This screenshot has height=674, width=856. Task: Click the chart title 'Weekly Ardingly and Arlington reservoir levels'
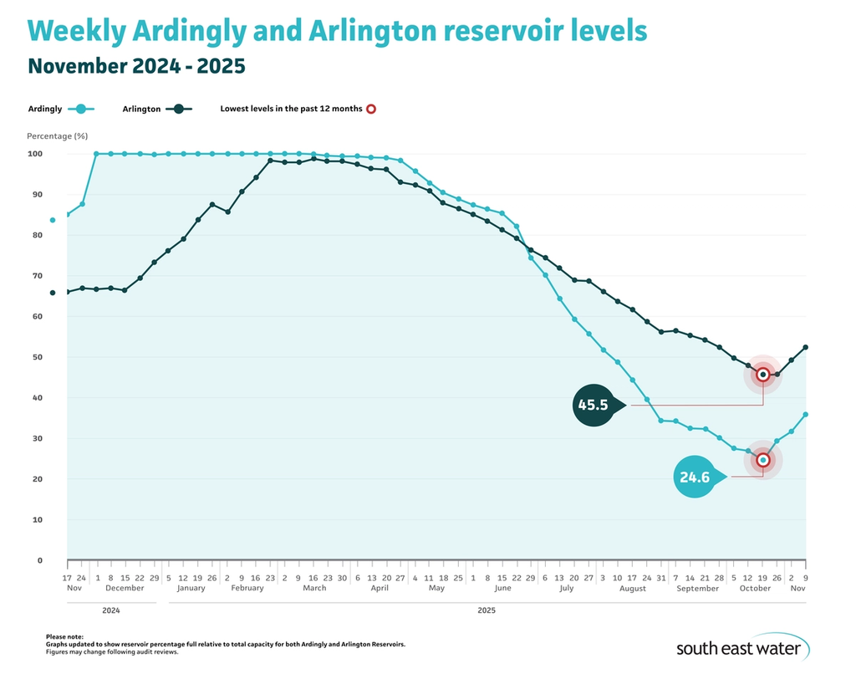337,31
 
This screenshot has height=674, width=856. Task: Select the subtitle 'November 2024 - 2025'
136,66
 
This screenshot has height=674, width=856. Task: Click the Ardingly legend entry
62,109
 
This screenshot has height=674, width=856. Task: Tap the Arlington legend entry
157,109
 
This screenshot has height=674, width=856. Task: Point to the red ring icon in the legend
371,109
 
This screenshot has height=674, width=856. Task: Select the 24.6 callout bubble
695,477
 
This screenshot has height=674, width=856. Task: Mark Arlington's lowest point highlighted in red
762,375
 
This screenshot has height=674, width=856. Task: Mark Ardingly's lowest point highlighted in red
762,460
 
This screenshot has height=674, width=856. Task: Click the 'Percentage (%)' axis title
57,135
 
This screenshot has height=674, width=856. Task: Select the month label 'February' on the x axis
247,589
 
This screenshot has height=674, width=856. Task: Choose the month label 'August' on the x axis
633,589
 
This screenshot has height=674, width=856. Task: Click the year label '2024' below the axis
110,610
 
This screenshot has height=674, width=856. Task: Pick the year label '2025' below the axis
487,610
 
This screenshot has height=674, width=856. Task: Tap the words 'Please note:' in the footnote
64,637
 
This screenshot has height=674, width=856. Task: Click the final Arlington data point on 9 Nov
806,347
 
